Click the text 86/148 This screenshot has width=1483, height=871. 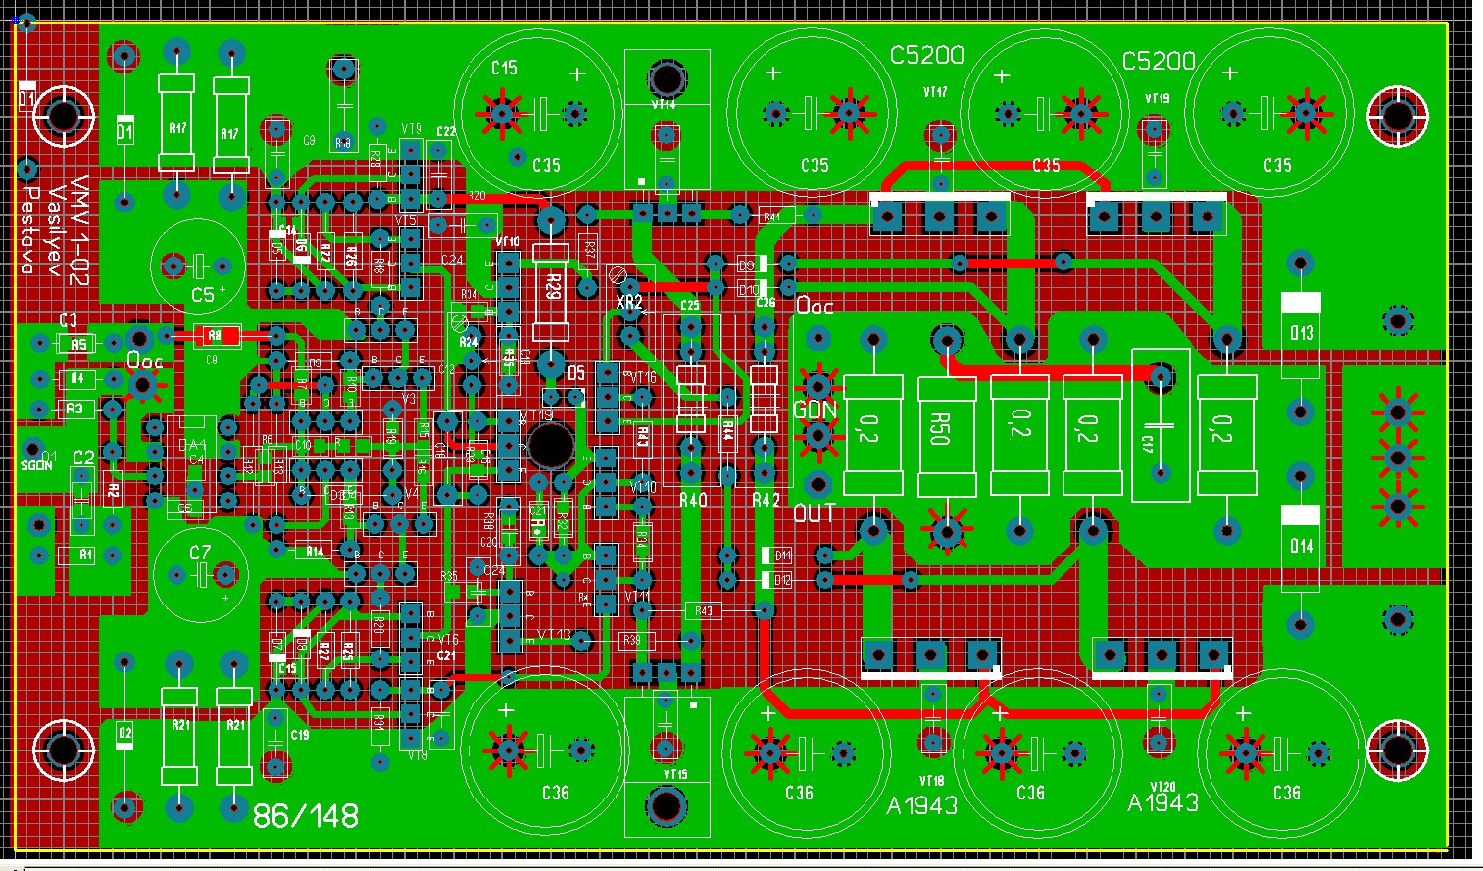pos(305,816)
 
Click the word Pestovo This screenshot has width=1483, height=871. pos(29,229)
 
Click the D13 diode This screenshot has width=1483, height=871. pos(1301,333)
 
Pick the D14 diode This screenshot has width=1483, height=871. pos(1301,545)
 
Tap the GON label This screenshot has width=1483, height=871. pos(816,411)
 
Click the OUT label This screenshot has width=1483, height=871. pos(814,513)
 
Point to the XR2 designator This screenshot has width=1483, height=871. pos(628,303)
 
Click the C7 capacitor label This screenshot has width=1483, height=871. pos(200,554)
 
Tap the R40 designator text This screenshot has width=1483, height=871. pos(692,500)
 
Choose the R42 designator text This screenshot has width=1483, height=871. pos(766,500)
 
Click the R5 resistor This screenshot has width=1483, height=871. pos(78,344)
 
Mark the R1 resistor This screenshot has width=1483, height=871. pos(85,556)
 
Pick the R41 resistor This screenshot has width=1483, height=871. pos(772,216)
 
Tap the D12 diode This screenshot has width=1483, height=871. pos(782,580)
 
